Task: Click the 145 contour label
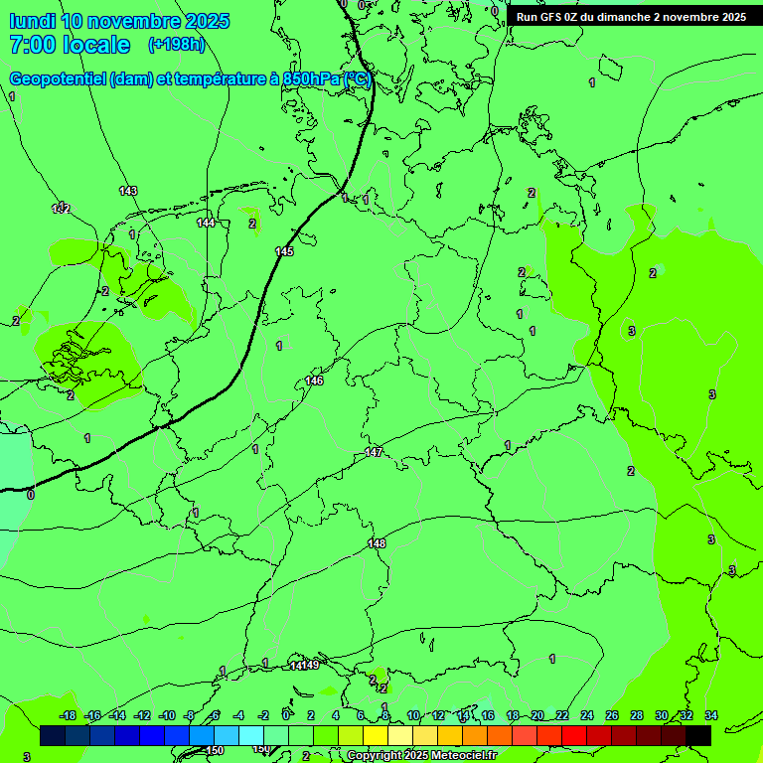point(284,251)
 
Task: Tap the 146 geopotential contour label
point(314,381)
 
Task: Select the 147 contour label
point(374,452)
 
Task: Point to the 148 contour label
point(377,543)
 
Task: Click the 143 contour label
point(128,191)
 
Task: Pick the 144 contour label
point(206,223)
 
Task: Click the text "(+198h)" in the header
point(176,45)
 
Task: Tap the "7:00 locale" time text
point(70,45)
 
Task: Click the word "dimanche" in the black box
point(624,17)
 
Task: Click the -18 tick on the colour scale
point(67,715)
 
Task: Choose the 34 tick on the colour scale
point(711,715)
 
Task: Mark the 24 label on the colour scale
point(587,715)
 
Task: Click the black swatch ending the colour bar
point(698,735)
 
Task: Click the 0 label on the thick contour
point(30,494)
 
